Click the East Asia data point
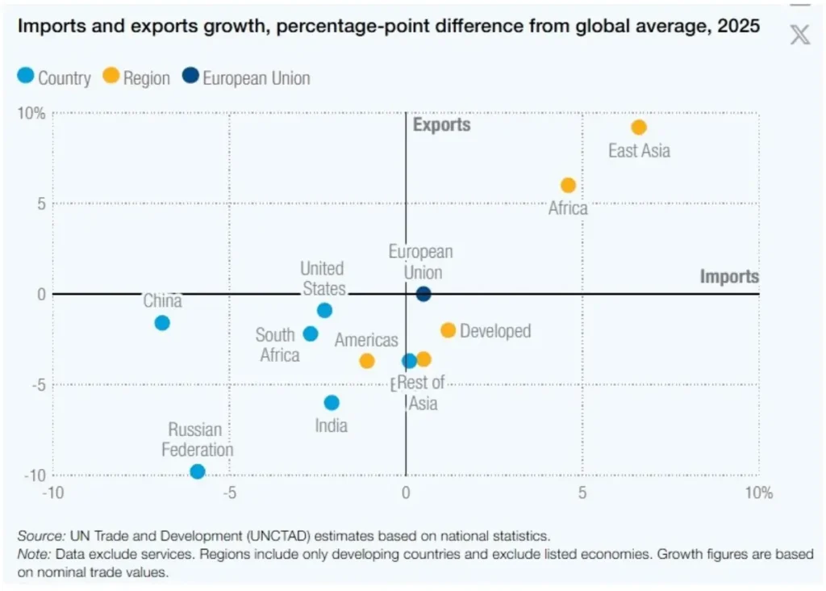tap(639, 128)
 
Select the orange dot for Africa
tap(568, 186)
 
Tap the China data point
tap(162, 323)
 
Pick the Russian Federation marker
tap(198, 472)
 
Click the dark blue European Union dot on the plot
tap(423, 294)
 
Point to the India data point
tap(332, 403)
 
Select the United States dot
tap(324, 310)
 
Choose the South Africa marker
tap(311, 334)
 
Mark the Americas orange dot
tap(367, 361)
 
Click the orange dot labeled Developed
tap(448, 330)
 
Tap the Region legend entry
tap(136, 78)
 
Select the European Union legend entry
tap(246, 78)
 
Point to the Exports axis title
tap(441, 124)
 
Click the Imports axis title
tap(729, 277)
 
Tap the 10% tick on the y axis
tap(32, 113)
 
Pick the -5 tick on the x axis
tap(229, 492)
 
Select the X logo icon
tap(799, 34)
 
